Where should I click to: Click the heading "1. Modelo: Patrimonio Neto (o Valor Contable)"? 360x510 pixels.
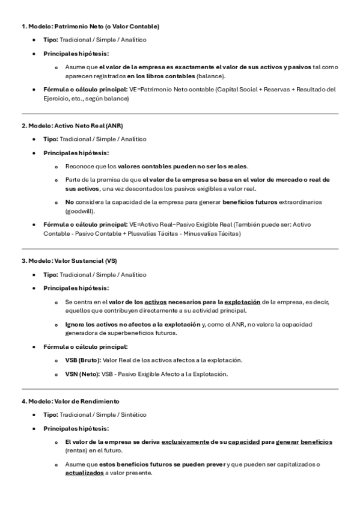pos(90,26)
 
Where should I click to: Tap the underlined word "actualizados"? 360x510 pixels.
pos(84,473)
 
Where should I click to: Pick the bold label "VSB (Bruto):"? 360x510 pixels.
pos(84,360)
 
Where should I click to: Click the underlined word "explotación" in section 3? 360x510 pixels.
pos(242,301)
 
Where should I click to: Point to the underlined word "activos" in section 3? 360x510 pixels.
pos(156,301)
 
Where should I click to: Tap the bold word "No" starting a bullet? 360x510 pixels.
pos(70,203)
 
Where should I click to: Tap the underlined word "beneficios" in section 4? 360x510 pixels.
pos(316,441)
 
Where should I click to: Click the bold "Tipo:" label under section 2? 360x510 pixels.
pos(50,139)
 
